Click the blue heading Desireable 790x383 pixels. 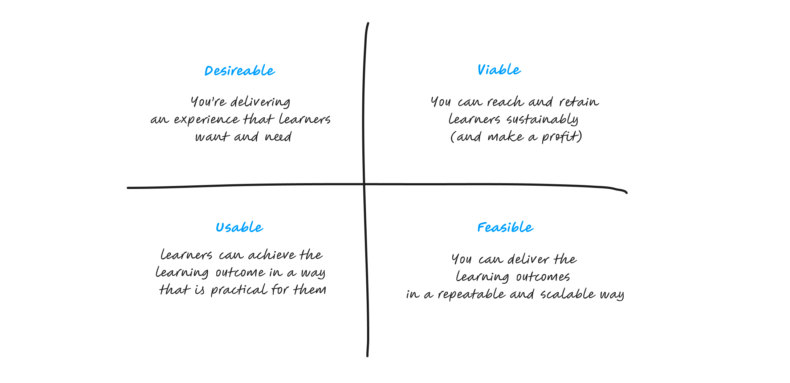(240, 71)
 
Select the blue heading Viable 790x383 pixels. (499, 70)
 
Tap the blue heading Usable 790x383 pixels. (239, 227)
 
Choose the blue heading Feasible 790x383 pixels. (505, 227)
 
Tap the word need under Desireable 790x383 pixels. (278, 137)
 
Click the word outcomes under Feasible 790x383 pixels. (542, 277)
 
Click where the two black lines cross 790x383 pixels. (364, 184)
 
